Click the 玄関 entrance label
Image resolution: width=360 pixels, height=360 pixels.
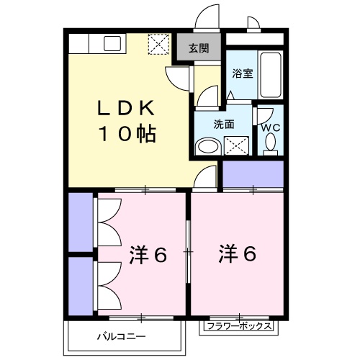click(x=199, y=49)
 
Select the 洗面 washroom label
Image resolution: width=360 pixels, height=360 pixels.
click(x=223, y=124)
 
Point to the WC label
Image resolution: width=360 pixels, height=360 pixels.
click(x=271, y=128)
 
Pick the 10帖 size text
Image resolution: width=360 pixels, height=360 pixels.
click(x=127, y=134)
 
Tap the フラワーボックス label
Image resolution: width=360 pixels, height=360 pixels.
click(x=238, y=326)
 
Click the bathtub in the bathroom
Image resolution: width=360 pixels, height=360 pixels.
click(x=271, y=75)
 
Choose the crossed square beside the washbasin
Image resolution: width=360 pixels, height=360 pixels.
click(x=235, y=147)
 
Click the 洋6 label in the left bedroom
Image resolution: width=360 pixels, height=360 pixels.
click(x=148, y=255)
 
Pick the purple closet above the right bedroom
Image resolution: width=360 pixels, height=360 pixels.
click(x=253, y=174)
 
